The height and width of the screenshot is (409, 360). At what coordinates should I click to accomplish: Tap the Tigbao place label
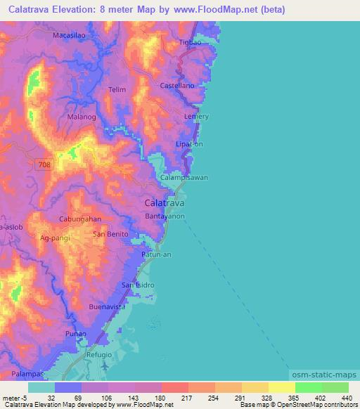(x=190, y=42)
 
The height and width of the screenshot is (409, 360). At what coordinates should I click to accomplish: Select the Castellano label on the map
(x=177, y=85)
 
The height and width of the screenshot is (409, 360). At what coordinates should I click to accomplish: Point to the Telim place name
(x=117, y=90)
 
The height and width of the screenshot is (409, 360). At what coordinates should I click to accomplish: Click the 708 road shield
(x=44, y=164)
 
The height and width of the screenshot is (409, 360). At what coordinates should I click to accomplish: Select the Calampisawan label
(x=184, y=178)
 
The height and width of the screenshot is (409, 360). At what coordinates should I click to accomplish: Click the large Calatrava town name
(x=165, y=202)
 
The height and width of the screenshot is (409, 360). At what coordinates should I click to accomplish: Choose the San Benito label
(x=111, y=233)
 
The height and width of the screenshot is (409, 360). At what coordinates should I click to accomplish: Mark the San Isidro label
(x=138, y=285)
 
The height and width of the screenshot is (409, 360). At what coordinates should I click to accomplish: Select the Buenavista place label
(x=108, y=307)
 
